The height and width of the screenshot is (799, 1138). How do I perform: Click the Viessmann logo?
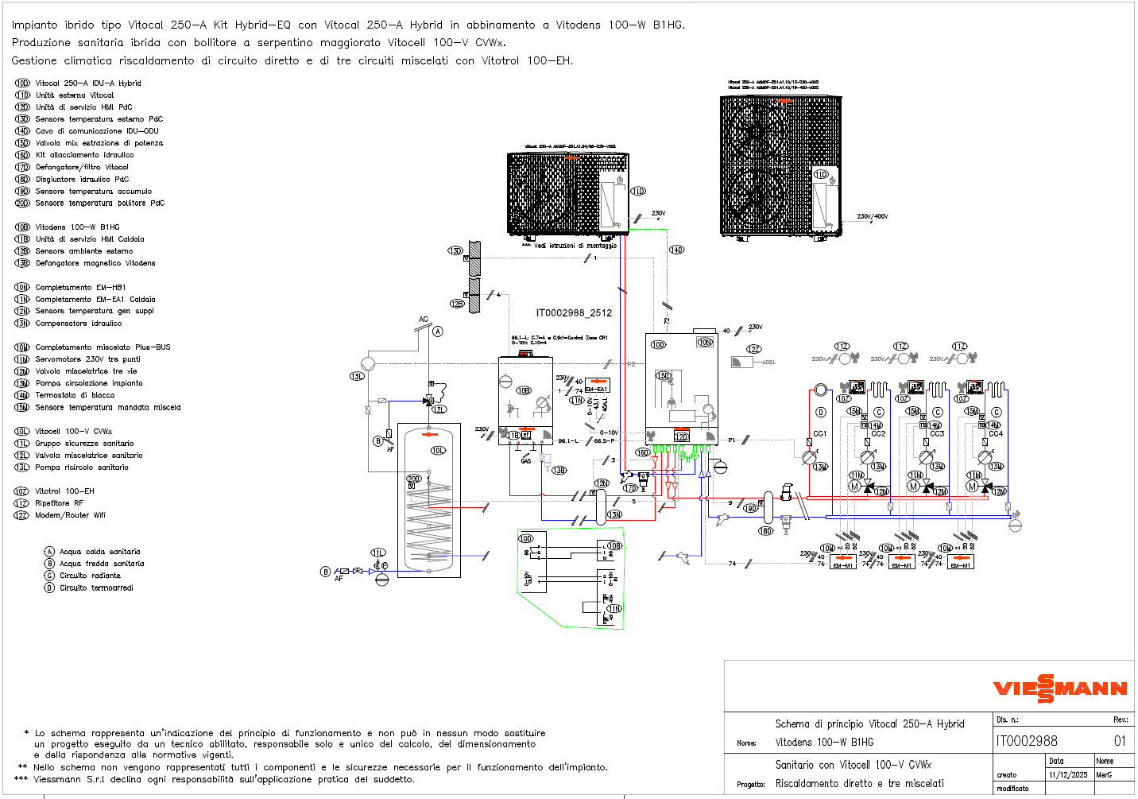click(1060, 688)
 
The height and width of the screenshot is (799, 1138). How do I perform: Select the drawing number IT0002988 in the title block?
click(1027, 741)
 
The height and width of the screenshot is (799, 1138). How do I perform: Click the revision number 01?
click(1120, 741)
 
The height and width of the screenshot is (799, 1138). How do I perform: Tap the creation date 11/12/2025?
click(1068, 774)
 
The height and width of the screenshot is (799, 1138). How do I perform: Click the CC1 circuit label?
click(820, 433)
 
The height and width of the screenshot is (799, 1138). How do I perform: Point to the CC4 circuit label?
click(996, 434)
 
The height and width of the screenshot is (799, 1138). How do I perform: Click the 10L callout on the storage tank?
click(438, 450)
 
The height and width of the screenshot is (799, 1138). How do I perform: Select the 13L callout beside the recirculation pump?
click(357, 376)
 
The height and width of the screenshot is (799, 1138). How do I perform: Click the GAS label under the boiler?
click(526, 461)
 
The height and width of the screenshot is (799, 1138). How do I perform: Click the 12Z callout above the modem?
click(753, 349)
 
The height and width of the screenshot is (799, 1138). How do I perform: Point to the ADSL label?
click(768, 363)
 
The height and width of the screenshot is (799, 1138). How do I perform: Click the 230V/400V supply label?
click(872, 216)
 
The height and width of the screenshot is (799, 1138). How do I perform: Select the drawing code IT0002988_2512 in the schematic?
click(574, 312)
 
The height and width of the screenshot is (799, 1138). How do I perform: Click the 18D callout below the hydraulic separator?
click(765, 531)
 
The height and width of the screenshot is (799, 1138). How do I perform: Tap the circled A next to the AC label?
click(438, 332)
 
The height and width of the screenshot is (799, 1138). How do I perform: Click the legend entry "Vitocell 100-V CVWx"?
click(73, 431)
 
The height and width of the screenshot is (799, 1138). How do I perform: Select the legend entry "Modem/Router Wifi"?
click(70, 515)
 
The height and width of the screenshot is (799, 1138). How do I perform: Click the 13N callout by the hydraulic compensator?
click(614, 514)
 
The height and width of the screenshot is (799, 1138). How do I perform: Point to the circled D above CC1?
click(821, 412)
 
